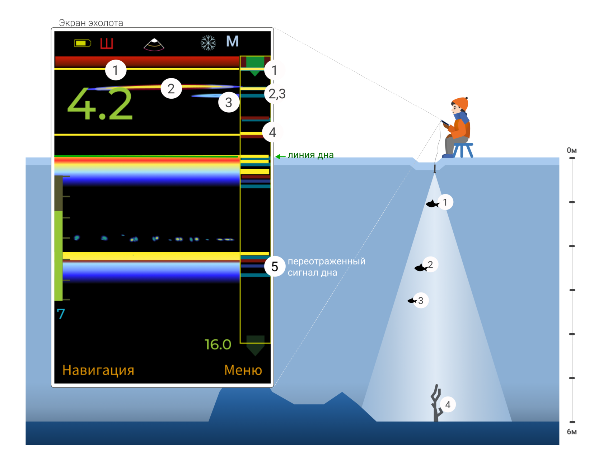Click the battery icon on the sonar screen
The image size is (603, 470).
point(83,43)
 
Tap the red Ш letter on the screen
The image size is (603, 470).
point(107,43)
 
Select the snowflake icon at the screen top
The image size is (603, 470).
point(208,43)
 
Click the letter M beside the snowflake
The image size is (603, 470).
point(232,42)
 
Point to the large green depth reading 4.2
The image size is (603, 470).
point(100,105)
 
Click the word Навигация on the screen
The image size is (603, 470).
point(98,370)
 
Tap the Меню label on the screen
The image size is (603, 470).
point(243,370)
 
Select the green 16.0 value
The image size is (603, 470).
point(218,344)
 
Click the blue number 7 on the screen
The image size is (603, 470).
point(61,314)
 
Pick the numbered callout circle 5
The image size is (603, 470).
point(275,267)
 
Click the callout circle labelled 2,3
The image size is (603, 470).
point(277,94)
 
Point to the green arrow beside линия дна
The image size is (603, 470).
point(280,156)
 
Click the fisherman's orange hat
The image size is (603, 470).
point(460,103)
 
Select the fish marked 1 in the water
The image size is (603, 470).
point(433,204)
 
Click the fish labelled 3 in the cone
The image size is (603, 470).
point(412,301)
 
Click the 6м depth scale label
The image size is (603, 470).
point(572,432)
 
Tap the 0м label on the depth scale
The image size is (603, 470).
point(572,150)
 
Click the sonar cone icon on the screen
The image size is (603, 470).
point(154,44)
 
